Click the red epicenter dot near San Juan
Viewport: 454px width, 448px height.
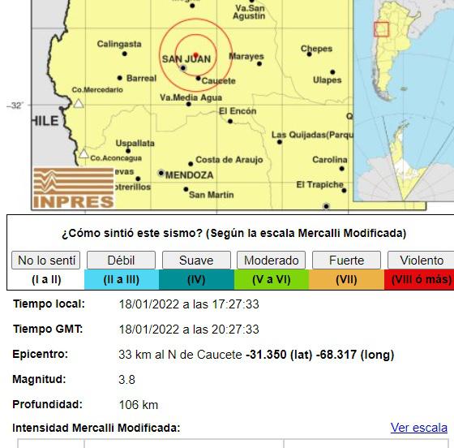(195, 54)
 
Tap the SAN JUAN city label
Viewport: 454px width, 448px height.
(186, 59)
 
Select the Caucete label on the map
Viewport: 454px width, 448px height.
(218, 81)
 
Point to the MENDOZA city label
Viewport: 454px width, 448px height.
(189, 174)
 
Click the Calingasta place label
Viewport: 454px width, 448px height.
(119, 44)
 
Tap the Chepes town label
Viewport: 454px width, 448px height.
(316, 49)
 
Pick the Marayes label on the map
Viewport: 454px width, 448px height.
(246, 57)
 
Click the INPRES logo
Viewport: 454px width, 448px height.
(74, 188)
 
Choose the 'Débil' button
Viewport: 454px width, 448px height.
(121, 261)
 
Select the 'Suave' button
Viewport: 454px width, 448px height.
(196, 261)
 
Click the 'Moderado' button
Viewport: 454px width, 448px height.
(272, 261)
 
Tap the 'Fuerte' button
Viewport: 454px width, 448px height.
(346, 261)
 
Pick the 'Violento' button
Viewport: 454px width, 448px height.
(422, 261)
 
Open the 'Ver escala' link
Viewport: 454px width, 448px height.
(418, 428)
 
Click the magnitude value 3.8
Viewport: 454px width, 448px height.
(126, 379)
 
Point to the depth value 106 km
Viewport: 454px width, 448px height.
(138, 404)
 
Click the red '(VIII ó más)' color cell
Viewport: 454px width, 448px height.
(422, 279)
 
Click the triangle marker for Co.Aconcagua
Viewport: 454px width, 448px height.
(84, 153)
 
